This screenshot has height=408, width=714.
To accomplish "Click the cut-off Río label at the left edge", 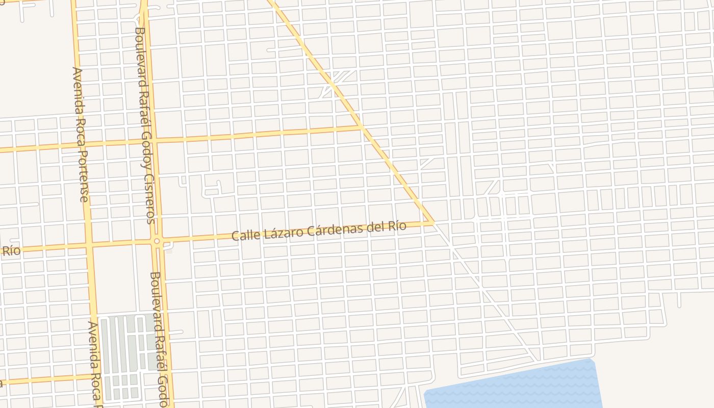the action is tap(11, 250).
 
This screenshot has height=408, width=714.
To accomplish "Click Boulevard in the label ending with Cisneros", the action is tap(139, 56).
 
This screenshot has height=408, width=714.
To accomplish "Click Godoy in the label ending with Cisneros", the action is tap(144, 141).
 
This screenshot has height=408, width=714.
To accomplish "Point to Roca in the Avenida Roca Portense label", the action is tap(80, 132).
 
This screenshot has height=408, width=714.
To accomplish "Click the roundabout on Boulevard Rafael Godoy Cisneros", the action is tap(157, 241).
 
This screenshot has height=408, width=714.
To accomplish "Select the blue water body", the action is tap(515, 388).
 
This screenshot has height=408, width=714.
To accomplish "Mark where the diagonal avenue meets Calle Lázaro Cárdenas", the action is tap(432, 222).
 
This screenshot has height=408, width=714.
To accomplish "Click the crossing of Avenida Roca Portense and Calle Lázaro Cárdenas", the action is tap(90, 245).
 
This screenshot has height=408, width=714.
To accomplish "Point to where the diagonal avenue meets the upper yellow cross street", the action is tap(361, 127).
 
